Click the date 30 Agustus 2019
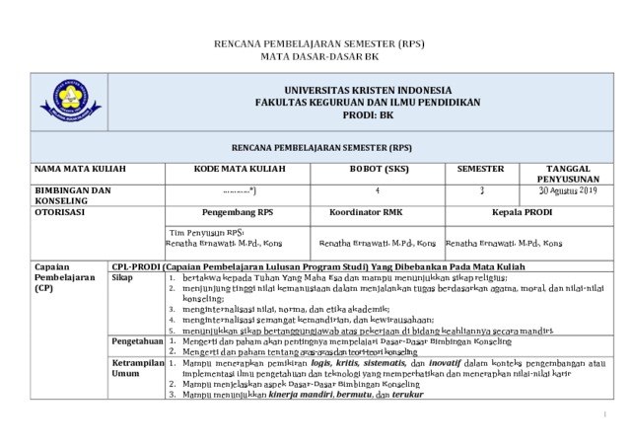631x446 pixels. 567,189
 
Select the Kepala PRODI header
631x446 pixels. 523,211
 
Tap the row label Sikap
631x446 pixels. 122,279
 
